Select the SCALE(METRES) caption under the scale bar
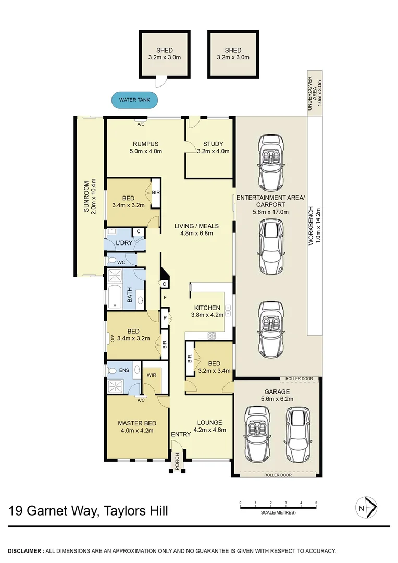278,513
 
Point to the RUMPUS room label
145,144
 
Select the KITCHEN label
207,308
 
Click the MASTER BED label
136,423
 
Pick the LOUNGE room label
209,422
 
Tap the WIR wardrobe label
152,374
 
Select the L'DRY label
123,243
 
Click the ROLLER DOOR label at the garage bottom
276,475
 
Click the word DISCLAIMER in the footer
25,550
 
